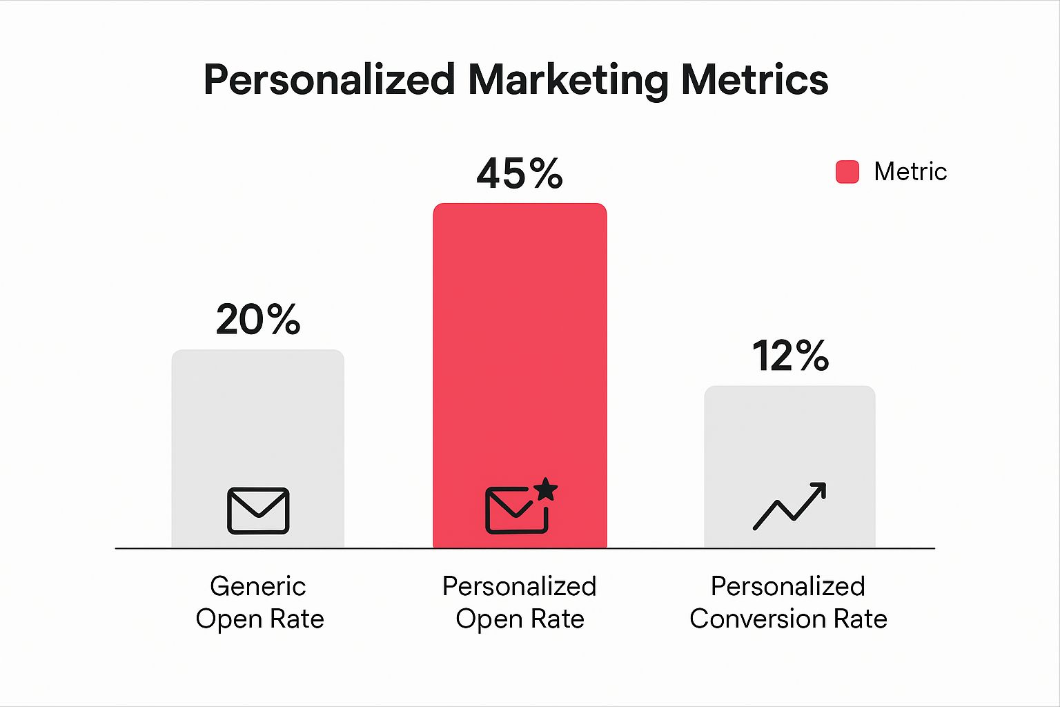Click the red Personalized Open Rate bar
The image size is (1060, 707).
[x=520, y=345]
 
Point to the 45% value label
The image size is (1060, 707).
[x=520, y=173]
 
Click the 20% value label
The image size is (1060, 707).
[x=258, y=320]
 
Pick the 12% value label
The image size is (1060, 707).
[x=790, y=356]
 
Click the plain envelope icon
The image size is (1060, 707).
[x=258, y=511]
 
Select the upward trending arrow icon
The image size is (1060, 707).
[x=789, y=506]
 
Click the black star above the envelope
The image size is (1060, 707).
[x=546, y=489]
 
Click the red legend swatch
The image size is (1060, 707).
[x=847, y=172]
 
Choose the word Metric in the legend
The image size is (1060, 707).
[x=910, y=172]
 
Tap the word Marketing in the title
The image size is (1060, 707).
[x=568, y=80]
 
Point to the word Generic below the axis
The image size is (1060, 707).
[x=258, y=586]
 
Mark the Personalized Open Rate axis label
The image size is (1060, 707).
[x=520, y=602]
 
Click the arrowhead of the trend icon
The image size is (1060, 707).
[x=818, y=490]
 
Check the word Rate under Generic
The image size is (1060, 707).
[x=297, y=619]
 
